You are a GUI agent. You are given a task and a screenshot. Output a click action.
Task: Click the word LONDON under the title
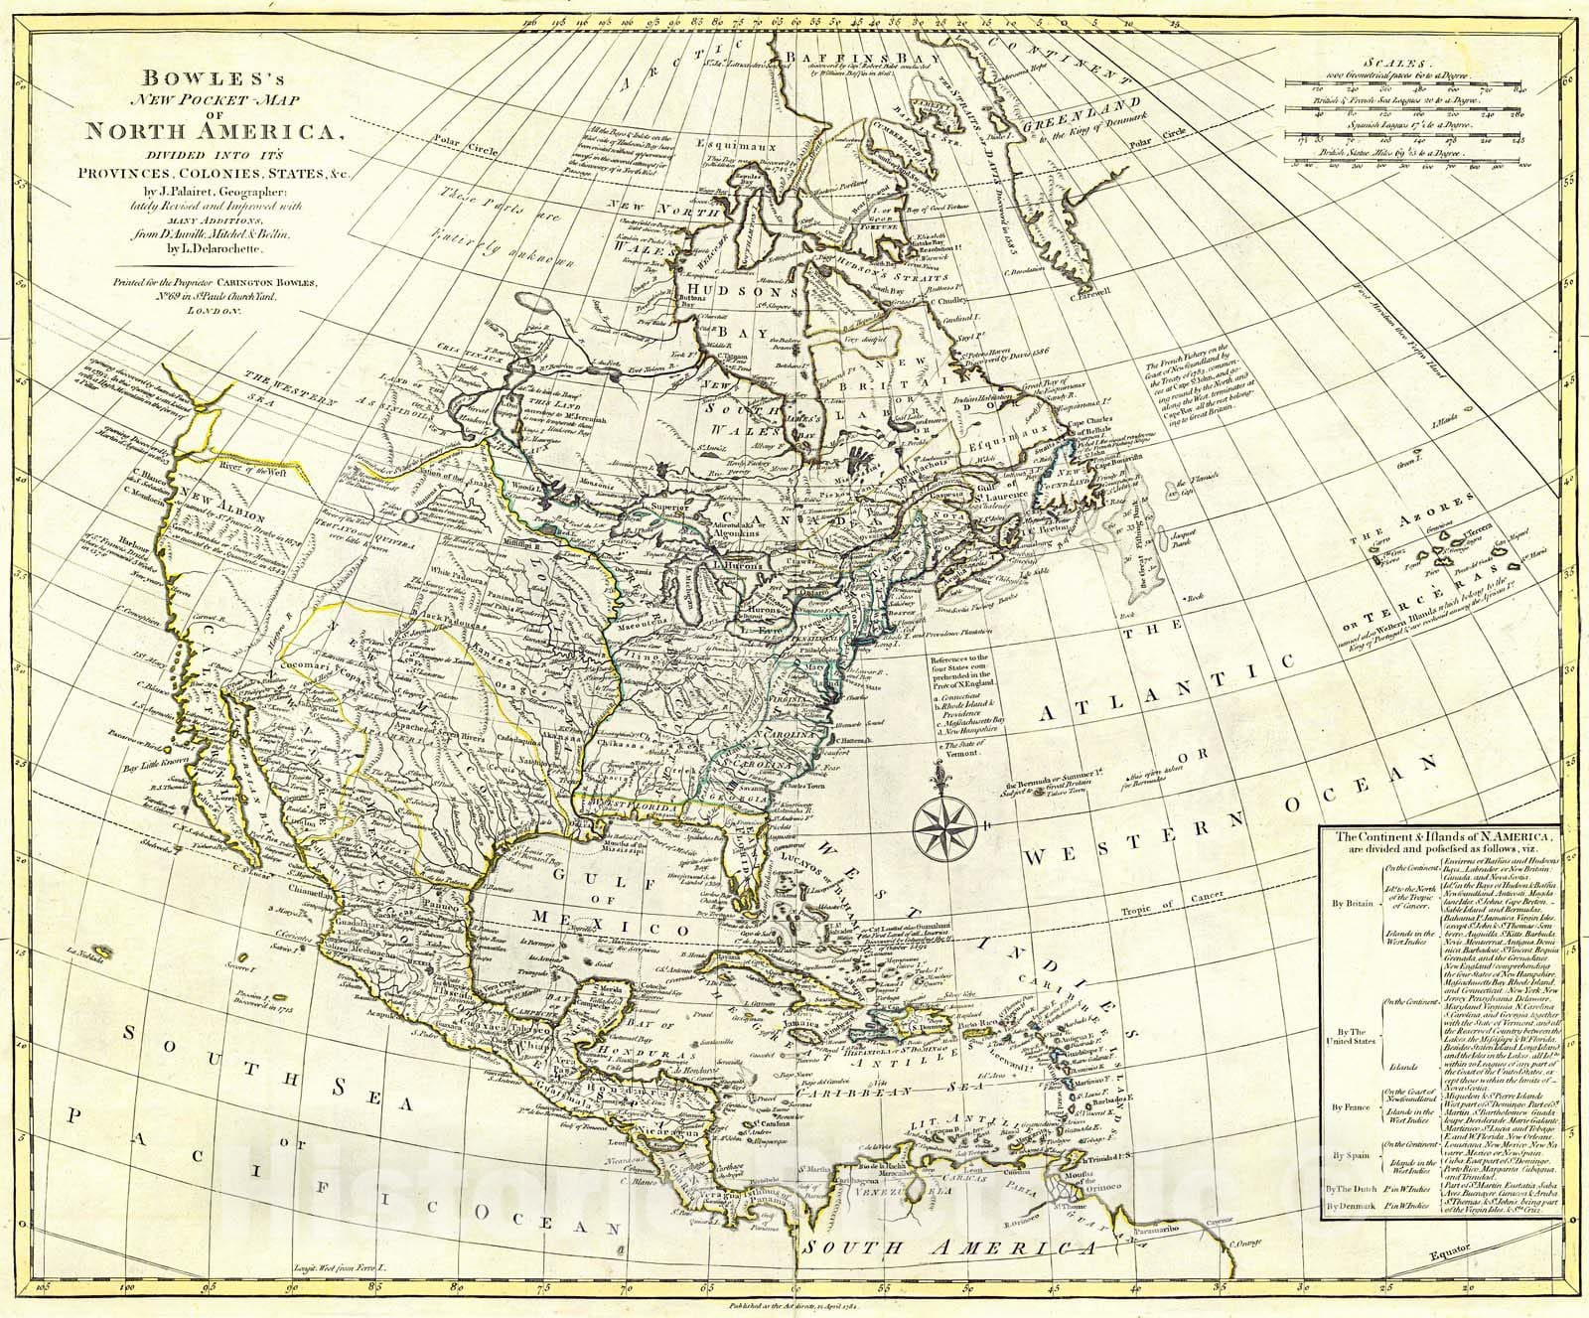click(210, 311)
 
